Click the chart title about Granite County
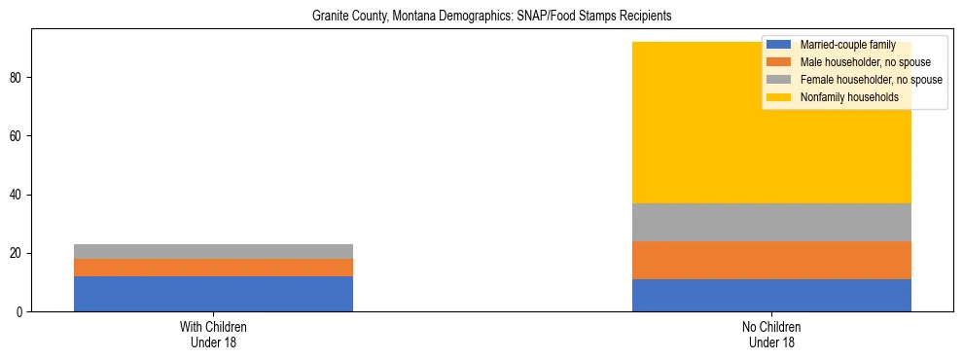click(x=491, y=17)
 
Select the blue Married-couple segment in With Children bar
click(x=213, y=294)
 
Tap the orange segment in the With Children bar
click(x=213, y=268)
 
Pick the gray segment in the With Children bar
click(x=213, y=251)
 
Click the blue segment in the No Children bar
click(x=771, y=295)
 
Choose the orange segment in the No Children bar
click(x=771, y=260)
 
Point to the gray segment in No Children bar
click(x=771, y=222)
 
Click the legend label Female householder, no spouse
click(x=871, y=80)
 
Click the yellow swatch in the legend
click(x=779, y=97)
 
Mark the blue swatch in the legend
click(x=779, y=45)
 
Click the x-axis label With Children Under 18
click(x=213, y=334)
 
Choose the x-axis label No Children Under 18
click(x=771, y=334)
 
